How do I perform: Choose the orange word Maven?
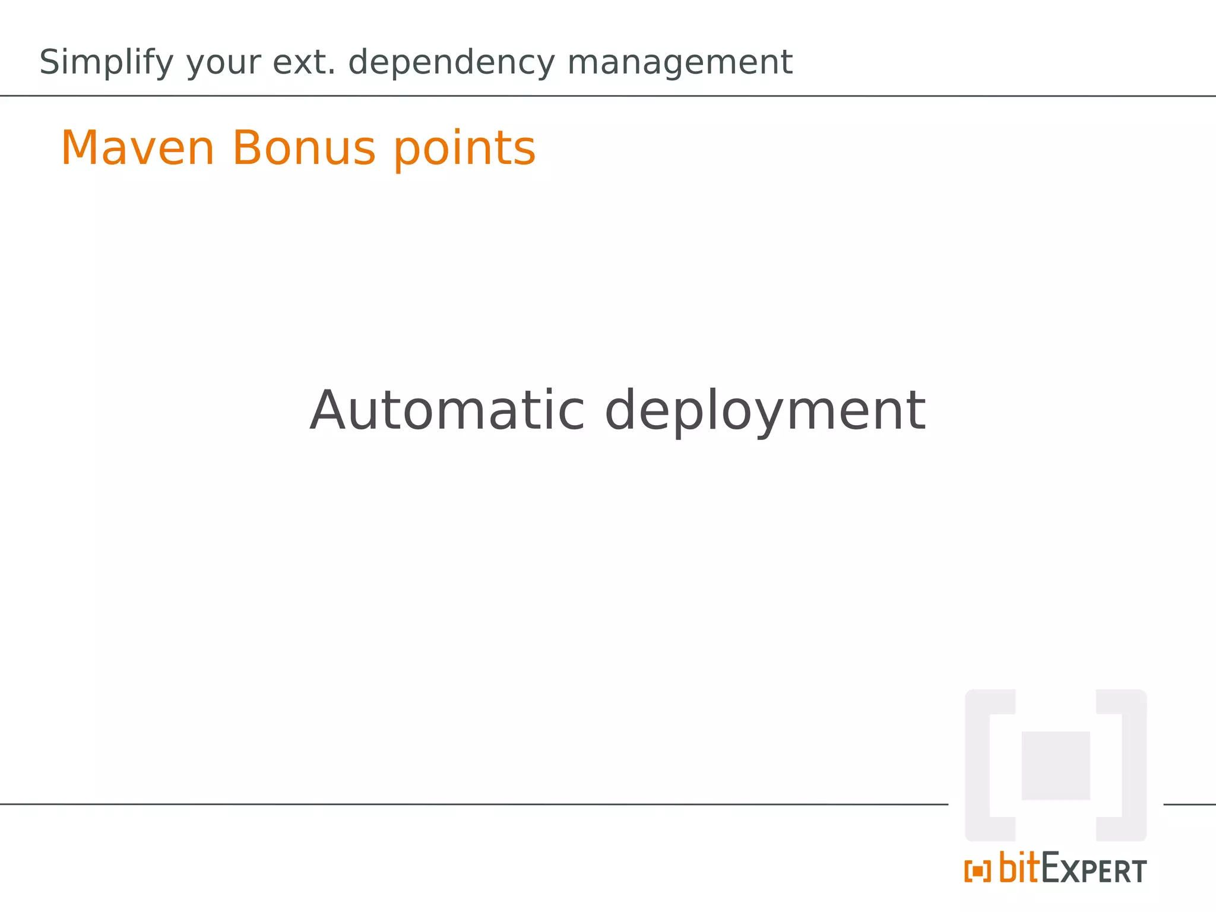tap(137, 148)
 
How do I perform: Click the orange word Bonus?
tap(303, 148)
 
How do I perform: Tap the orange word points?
tap(465, 150)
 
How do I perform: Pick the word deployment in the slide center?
tap(765, 413)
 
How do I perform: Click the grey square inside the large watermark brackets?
tap(1056, 765)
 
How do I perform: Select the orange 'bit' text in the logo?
tap(1019, 867)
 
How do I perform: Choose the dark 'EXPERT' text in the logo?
tap(1094, 870)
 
